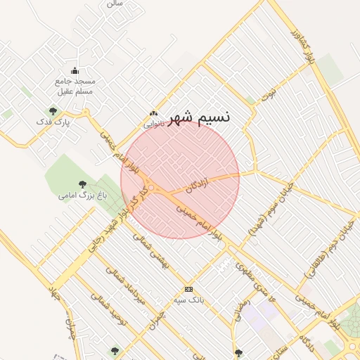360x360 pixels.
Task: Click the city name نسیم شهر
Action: click(x=200, y=118)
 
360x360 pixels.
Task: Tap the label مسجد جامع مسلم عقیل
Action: click(x=75, y=86)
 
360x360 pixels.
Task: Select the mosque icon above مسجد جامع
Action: click(x=75, y=71)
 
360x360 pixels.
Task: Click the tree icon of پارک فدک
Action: click(x=53, y=110)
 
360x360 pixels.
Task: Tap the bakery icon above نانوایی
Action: click(x=154, y=113)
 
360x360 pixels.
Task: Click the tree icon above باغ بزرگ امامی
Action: click(x=83, y=184)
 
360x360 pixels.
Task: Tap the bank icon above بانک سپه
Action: click(x=188, y=289)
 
